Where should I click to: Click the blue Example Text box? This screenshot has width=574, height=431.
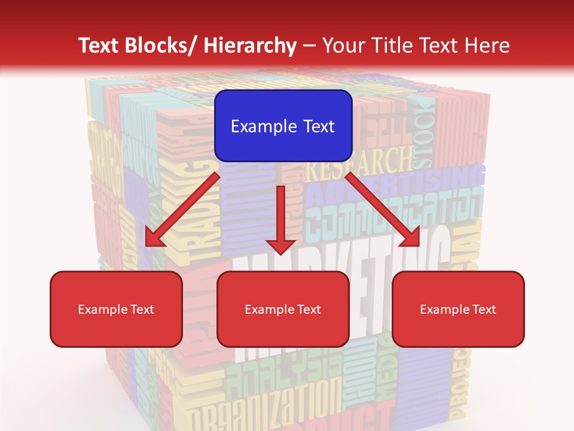(283, 126)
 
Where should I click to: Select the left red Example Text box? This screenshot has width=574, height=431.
(116, 309)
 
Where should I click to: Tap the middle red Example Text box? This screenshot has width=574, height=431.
(283, 309)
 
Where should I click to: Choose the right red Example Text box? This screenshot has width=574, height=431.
(458, 309)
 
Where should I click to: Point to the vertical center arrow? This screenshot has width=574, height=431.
(280, 221)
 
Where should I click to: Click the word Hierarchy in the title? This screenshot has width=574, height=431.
(250, 45)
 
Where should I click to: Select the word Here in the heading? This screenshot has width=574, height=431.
(488, 45)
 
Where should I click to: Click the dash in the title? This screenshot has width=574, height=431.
(309, 45)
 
